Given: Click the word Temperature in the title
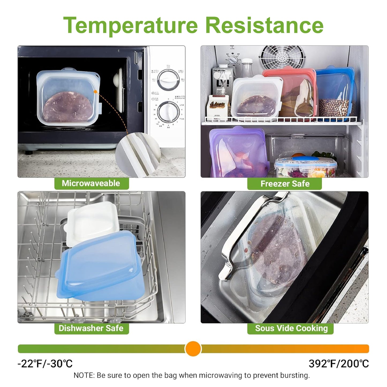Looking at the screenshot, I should click(130, 25).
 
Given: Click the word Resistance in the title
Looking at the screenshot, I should click(264, 25).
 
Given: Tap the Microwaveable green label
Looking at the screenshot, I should click(91, 183).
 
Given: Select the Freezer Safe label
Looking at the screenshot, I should click(285, 184).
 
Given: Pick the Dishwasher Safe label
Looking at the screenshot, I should click(91, 328).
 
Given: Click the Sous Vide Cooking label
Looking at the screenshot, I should click(291, 328).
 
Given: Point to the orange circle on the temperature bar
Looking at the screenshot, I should click(193, 349).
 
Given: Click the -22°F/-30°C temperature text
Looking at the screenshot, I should click(45, 364).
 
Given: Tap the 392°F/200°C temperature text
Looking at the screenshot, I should click(339, 364).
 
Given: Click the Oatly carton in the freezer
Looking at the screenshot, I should click(222, 80).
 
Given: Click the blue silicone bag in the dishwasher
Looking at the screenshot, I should click(103, 268).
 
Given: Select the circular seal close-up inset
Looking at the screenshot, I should click(138, 154).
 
